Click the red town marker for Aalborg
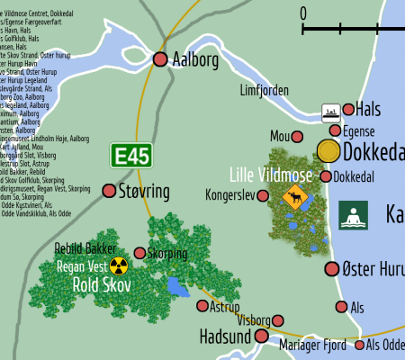[x=160, y=59]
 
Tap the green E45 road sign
[x=131, y=155]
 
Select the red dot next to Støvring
[x=110, y=191]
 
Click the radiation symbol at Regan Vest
[x=119, y=265]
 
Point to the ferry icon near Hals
[x=331, y=111]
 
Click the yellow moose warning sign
[x=293, y=197]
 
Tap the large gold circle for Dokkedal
[x=328, y=151]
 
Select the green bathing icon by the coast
[x=354, y=215]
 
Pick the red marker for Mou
[x=301, y=137]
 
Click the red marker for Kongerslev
[x=263, y=195]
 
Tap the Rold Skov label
[x=102, y=285]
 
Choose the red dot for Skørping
[x=139, y=254]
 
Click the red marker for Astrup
[x=202, y=306]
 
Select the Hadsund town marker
[x=262, y=336]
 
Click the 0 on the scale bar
[x=303, y=13]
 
